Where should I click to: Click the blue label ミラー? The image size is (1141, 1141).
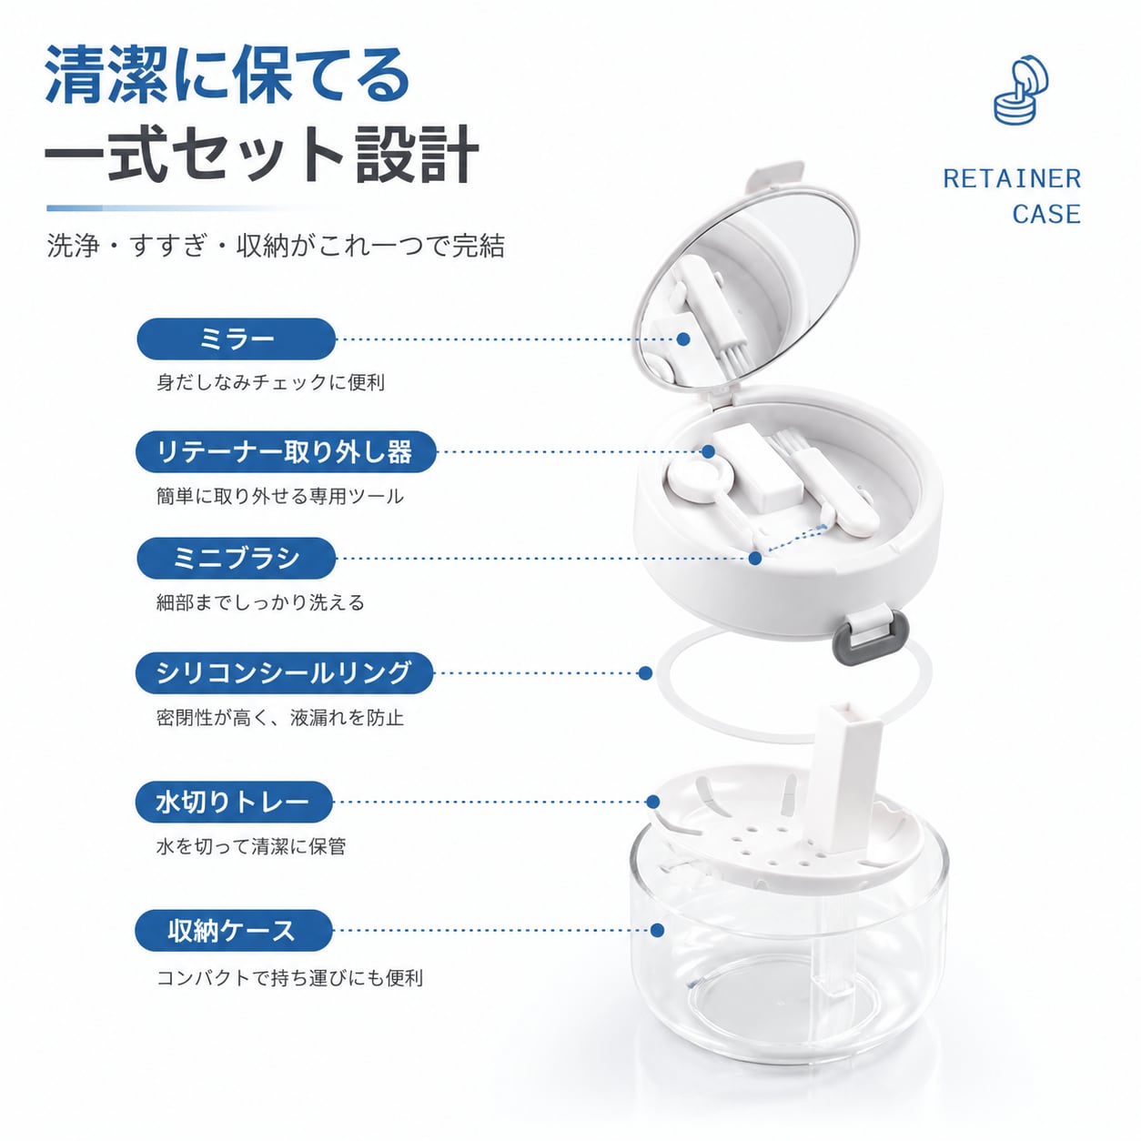(x=237, y=338)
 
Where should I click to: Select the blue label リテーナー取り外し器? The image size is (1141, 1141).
(x=286, y=452)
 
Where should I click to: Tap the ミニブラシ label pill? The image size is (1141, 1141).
(x=237, y=558)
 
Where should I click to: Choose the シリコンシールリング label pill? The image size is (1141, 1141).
(x=284, y=672)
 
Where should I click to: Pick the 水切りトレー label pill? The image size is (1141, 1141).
(x=234, y=802)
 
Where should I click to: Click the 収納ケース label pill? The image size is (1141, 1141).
(x=234, y=930)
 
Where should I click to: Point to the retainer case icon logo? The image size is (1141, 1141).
(x=1020, y=90)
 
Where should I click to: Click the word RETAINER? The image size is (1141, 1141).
(x=1012, y=179)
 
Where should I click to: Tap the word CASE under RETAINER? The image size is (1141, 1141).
(x=1046, y=214)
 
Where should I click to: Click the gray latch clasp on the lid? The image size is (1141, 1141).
(x=869, y=636)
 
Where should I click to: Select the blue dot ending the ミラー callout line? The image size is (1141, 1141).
(x=683, y=338)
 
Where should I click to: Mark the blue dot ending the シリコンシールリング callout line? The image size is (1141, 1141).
(x=645, y=672)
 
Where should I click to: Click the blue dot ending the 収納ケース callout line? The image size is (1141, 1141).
(x=657, y=930)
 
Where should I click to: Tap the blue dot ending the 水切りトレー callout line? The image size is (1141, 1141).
(x=653, y=802)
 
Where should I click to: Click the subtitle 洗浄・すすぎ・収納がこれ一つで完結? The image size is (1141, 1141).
(x=276, y=245)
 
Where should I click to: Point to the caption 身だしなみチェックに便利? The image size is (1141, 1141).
(x=270, y=382)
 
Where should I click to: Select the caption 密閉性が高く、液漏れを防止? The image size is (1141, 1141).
(x=280, y=717)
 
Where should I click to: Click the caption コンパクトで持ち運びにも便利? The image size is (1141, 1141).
(x=289, y=977)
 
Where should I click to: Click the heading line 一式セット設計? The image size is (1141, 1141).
(x=262, y=154)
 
